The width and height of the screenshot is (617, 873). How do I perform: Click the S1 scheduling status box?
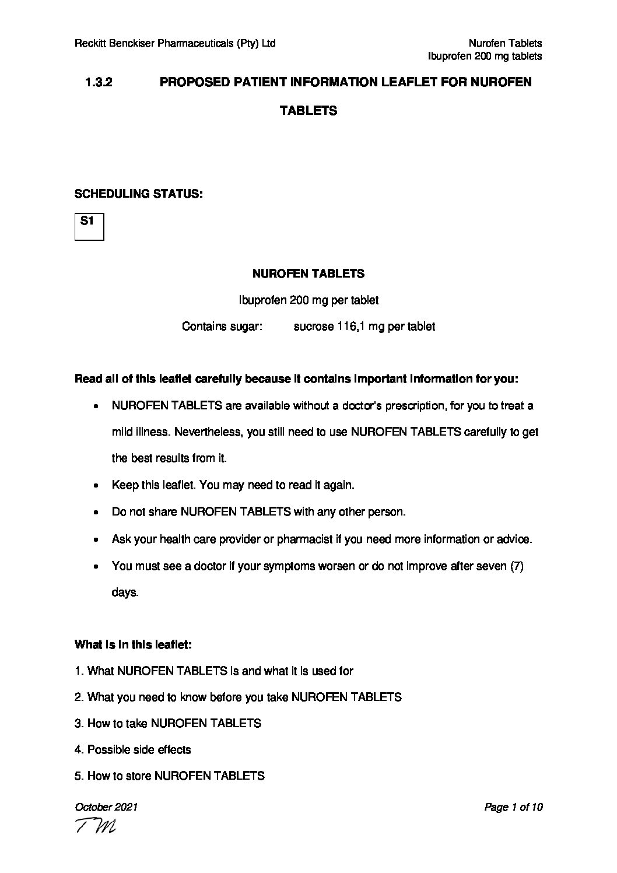89,227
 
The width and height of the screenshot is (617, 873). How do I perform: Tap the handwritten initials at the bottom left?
95,826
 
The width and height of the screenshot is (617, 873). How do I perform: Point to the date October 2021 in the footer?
106,807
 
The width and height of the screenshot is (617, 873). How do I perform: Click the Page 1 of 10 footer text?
513,807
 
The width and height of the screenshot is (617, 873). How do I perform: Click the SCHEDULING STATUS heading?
139,194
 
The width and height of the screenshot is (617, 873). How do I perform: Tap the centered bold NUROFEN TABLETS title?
308,274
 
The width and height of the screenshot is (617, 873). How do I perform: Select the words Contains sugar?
222,327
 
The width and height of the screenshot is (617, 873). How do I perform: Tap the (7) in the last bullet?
517,566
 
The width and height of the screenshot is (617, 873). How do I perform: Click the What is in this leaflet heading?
134,645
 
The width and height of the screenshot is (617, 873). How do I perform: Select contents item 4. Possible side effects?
133,749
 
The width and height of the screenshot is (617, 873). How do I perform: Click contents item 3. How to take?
168,723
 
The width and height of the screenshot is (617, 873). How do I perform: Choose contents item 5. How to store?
170,776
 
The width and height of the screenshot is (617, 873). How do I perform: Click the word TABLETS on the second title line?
308,111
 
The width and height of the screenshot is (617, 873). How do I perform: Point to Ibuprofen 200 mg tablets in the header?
485,56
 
